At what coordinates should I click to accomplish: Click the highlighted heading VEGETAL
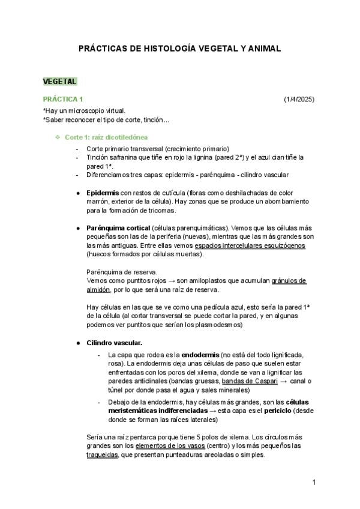59,82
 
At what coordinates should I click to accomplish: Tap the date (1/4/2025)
299,99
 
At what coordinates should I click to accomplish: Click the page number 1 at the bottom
314,483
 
